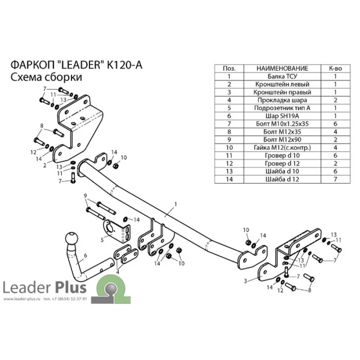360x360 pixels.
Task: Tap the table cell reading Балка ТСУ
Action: point(282,76)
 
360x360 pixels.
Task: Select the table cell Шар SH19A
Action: point(282,116)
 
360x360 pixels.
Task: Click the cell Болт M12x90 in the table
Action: point(282,139)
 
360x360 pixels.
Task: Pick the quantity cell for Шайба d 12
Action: point(335,179)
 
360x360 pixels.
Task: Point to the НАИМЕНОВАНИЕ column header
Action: point(282,68)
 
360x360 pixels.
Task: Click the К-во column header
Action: point(335,68)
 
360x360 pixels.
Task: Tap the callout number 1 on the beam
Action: point(175,204)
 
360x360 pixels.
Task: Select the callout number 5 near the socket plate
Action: point(102,240)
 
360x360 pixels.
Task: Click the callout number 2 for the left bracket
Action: point(45,165)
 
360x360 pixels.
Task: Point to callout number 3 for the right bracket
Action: point(245,281)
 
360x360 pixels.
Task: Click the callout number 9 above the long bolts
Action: point(85,196)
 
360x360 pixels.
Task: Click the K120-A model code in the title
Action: point(125,65)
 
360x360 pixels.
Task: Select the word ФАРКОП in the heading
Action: point(32,65)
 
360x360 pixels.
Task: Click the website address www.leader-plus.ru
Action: point(22,299)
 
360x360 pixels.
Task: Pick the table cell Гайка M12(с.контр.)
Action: point(282,148)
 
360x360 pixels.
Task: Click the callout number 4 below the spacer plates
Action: point(117,273)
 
